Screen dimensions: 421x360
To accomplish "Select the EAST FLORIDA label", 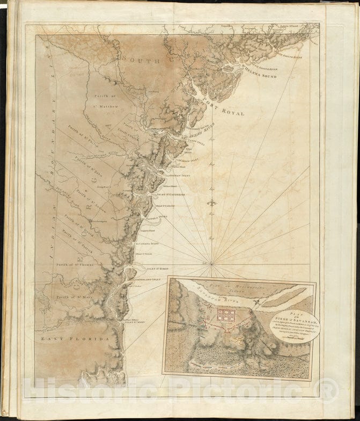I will tap(71, 339).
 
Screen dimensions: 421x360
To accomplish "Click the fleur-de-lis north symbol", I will tap(213, 205).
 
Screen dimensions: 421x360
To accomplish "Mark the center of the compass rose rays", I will tap(211, 263).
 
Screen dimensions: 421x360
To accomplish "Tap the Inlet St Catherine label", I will tap(171, 194).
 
